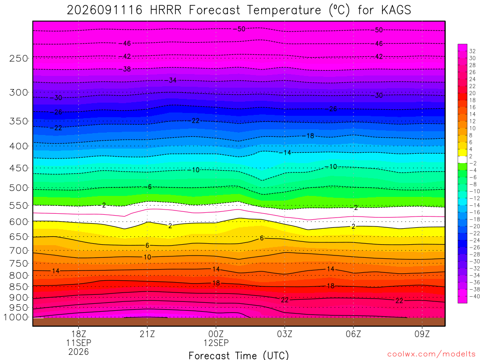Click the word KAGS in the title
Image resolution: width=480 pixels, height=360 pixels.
coord(396,10)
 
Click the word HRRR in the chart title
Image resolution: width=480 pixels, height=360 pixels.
coord(165,10)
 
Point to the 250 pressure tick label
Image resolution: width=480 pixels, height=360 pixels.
coord(19,58)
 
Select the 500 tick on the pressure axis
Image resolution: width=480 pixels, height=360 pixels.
coord(19,187)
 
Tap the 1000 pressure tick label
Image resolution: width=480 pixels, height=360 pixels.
coord(16,317)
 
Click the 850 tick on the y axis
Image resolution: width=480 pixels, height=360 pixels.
coord(19,287)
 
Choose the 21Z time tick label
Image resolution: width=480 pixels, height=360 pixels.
coord(147,334)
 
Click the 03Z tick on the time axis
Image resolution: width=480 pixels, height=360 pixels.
coord(285,334)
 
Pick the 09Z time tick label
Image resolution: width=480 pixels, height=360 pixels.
coord(422,334)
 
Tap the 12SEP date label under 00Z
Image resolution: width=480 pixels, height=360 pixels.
coord(216,343)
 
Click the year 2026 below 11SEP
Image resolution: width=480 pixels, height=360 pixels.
coord(79,352)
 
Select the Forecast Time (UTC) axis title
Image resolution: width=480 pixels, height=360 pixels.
coord(239,355)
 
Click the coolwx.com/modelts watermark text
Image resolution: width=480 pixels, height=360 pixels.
coord(431,354)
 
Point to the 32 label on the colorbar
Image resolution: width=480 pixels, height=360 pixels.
coord(472,51)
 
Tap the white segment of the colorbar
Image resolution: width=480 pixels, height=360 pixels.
coord(462,159)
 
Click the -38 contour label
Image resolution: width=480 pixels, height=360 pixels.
coord(127,69)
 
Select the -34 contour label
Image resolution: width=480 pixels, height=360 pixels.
coord(172,81)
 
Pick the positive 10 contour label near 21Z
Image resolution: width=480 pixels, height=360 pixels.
coord(147,257)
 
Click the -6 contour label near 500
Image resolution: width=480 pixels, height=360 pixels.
coord(150,187)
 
